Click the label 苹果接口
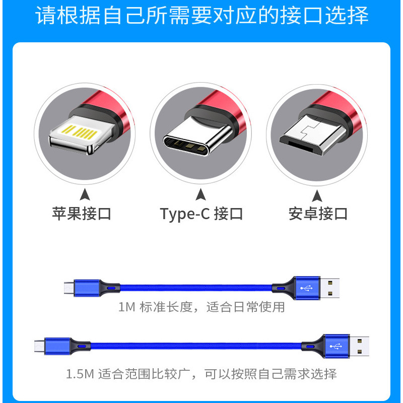[x=82, y=214]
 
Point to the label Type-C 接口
[x=201, y=214]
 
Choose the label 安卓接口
[x=318, y=214]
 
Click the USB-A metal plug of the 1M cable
[x=330, y=288]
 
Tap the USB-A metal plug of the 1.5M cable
[x=360, y=347]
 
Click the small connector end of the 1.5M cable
[x=38, y=347]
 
